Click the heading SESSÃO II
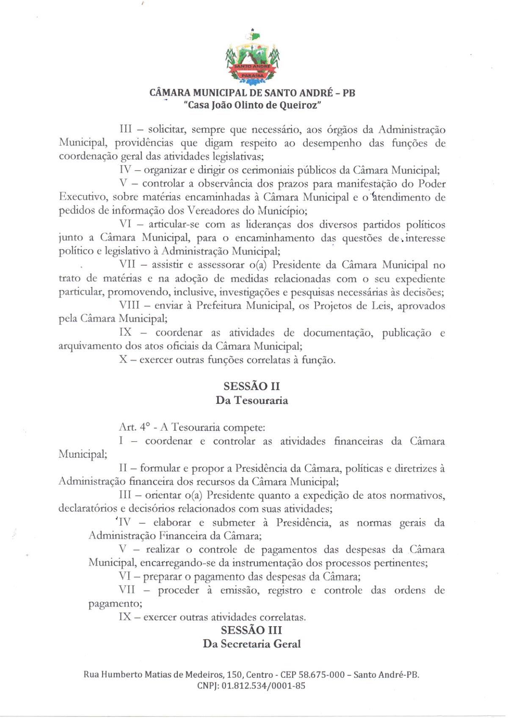pyautogui.click(x=252, y=386)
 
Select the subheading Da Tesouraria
pyautogui.click(x=252, y=400)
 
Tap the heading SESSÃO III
pyautogui.click(x=251, y=630)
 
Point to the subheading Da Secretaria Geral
pyautogui.click(x=252, y=644)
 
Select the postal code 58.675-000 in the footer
pyautogui.click(x=322, y=674)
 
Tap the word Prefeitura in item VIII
pyautogui.click(x=219, y=305)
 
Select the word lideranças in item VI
pyautogui.click(x=270, y=224)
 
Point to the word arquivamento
pyautogui.click(x=90, y=346)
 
